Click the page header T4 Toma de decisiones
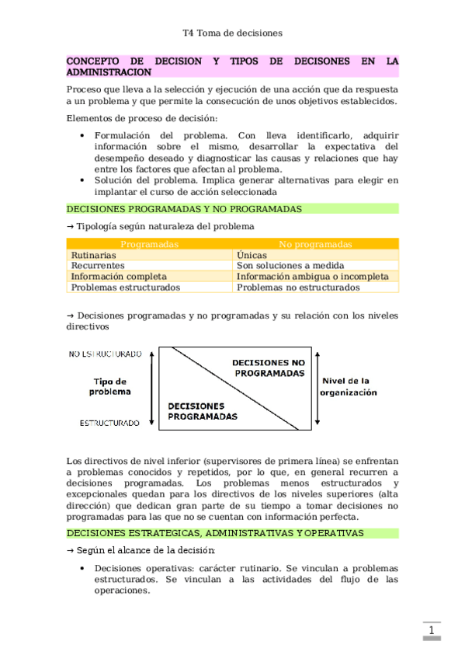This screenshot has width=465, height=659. coord(232,33)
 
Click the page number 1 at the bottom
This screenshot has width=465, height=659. coord(431,630)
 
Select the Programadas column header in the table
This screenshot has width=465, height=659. coord(150,244)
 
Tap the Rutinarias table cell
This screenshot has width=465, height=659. coord(94,255)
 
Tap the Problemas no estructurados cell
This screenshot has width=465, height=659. coord(298,288)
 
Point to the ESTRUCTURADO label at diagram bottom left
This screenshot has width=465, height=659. coord(109,424)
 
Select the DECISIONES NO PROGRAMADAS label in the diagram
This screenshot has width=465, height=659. coord(269,368)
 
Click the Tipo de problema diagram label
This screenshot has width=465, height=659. coord(110,387)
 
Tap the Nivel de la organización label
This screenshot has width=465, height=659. coord(349,386)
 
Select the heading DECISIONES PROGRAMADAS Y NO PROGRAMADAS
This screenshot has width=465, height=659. coord(184,209)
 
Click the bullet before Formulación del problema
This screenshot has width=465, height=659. coord(83,135)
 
